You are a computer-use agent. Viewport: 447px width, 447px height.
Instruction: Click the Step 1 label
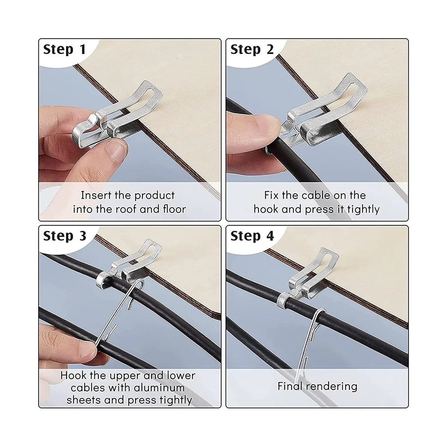[64, 49]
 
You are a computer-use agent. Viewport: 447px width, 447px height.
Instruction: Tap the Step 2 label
[252, 49]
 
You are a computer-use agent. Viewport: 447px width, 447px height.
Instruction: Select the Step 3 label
[64, 236]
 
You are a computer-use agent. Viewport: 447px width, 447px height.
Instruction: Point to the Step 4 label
[252, 236]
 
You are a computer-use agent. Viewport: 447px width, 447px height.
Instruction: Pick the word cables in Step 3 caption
[88, 387]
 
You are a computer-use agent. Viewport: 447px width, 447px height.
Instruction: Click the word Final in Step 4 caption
[291, 386]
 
